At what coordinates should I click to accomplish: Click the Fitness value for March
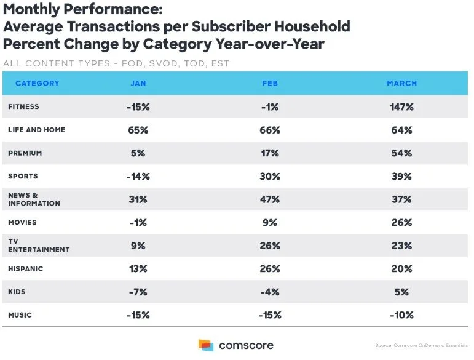(401, 107)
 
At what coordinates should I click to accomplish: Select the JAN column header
(138, 83)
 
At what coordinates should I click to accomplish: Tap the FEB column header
(270, 83)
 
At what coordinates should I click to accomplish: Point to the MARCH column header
(401, 83)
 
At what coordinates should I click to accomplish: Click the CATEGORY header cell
(38, 83)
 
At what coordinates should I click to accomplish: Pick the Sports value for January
(138, 177)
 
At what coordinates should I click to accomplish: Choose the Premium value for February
(270, 153)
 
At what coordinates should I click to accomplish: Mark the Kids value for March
(401, 292)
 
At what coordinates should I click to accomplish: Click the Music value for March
(401, 315)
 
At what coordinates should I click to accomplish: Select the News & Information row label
(34, 199)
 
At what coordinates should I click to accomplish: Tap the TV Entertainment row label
(39, 246)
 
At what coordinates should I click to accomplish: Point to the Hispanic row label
(25, 269)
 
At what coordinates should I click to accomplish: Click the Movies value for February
(270, 223)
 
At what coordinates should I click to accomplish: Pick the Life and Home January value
(138, 130)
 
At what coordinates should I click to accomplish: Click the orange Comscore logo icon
(205, 345)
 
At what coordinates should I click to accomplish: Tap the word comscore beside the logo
(246, 345)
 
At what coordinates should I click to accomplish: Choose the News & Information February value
(270, 199)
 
